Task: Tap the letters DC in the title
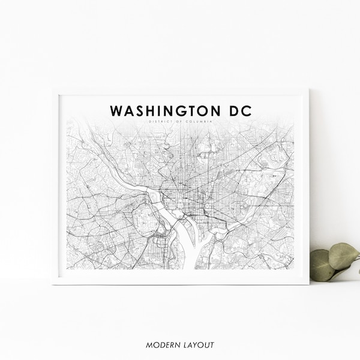(x=241, y=112)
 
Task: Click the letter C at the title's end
(x=248, y=112)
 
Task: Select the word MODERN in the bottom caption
(x=162, y=345)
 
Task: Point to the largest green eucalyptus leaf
(x=343, y=256)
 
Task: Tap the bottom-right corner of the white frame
(x=308, y=283)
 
